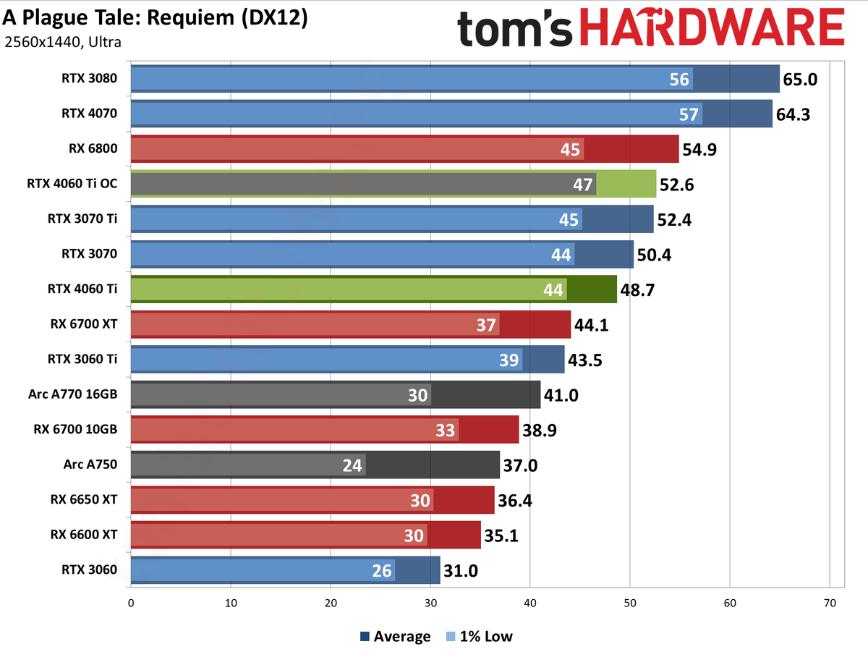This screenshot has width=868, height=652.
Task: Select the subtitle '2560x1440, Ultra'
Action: [x=63, y=42]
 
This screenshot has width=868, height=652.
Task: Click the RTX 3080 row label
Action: [x=89, y=79]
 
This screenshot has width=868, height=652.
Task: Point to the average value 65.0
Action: [x=800, y=79]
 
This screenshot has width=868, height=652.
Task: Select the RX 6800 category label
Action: [x=95, y=149]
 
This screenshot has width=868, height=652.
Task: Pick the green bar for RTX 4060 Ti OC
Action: [x=626, y=185]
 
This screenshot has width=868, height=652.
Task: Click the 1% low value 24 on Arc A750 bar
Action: [x=352, y=465]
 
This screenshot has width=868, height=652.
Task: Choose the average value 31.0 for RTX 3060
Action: [x=461, y=570]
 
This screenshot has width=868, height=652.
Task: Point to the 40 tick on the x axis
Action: [x=530, y=602]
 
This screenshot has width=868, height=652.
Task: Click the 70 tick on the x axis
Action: [x=830, y=602]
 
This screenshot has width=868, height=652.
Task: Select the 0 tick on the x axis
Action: [x=131, y=602]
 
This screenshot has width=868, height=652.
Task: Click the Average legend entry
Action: [x=395, y=636]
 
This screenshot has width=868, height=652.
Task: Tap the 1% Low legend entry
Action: [x=480, y=636]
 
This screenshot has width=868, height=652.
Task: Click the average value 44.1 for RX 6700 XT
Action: [x=591, y=324]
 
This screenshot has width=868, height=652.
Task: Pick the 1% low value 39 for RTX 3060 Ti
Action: [x=509, y=360]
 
